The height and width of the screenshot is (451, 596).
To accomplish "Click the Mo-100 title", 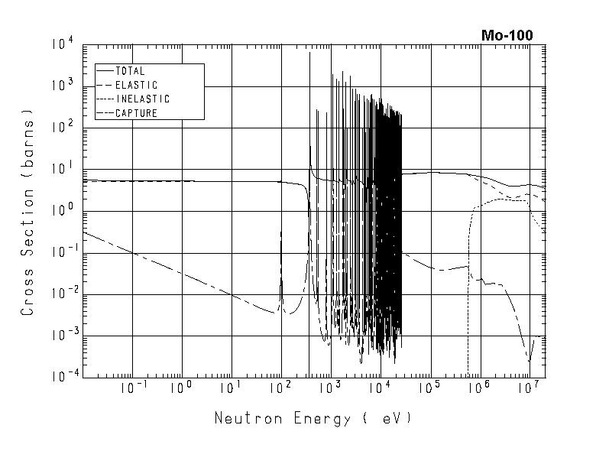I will (x=507, y=35).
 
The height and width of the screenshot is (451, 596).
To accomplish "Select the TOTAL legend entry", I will (x=129, y=71).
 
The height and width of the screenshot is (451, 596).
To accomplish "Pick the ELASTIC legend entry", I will (x=136, y=85).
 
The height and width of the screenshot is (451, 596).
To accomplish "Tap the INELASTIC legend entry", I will (x=142, y=99).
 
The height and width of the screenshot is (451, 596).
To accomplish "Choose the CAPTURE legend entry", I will (x=136, y=113).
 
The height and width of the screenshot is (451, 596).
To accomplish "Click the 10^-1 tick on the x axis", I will (x=132, y=389).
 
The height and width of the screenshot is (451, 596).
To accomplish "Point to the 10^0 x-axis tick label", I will (x=181, y=389).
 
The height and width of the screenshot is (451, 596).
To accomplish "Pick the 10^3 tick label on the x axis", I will (x=329, y=389).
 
